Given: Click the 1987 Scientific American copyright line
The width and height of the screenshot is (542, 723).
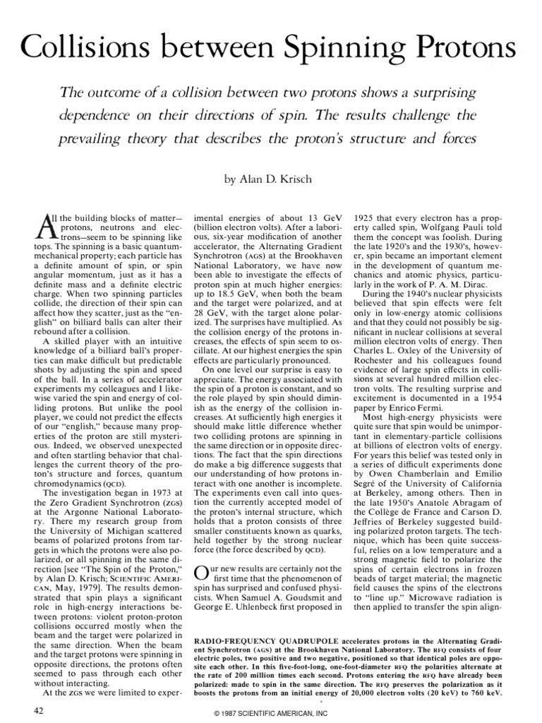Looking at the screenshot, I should (271, 714).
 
